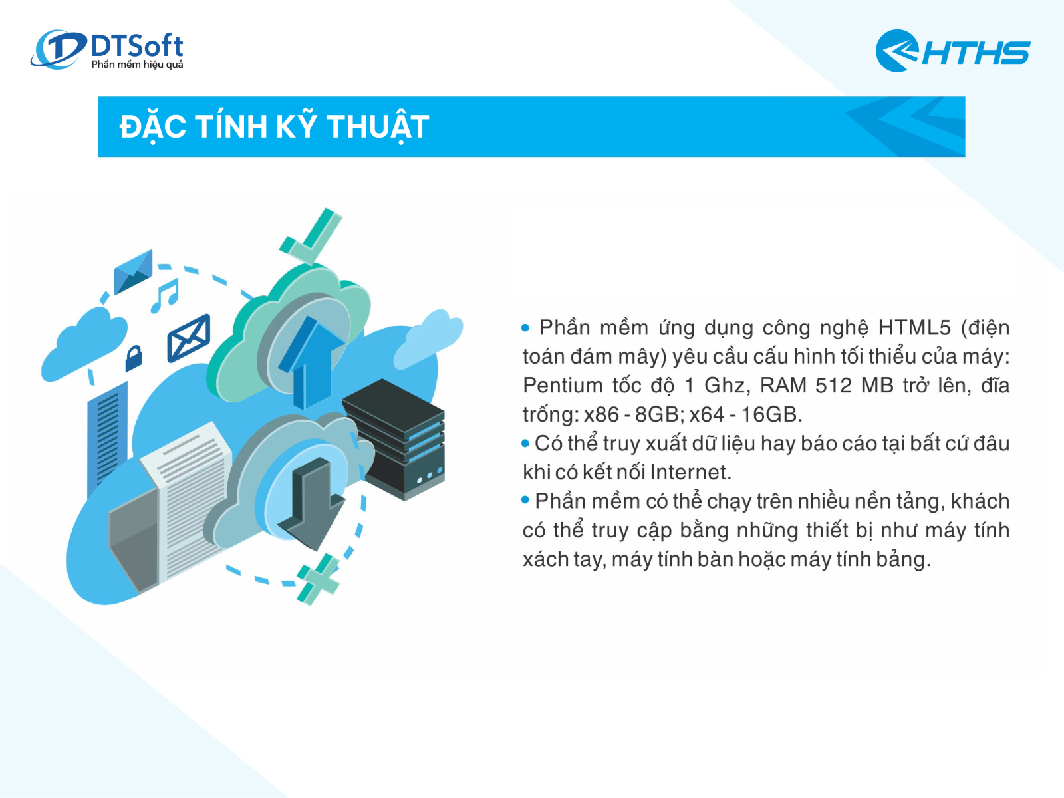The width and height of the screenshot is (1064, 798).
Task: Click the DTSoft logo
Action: tap(106, 49)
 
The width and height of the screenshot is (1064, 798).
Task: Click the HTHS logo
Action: tap(952, 51)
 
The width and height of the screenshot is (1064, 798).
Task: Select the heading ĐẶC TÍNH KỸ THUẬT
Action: tap(274, 127)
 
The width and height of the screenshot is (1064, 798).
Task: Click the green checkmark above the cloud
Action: tap(311, 236)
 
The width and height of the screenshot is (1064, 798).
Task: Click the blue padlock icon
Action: tap(133, 358)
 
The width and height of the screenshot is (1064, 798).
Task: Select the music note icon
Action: tap(165, 295)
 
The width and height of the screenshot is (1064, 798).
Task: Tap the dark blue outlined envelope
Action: tap(189, 338)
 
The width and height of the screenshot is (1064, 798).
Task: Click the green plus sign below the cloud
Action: tap(318, 579)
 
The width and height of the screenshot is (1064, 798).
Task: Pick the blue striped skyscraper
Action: tap(108, 440)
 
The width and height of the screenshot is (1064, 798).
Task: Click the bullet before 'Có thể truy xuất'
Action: tap(525, 444)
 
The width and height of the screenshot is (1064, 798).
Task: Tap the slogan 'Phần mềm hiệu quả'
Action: tap(137, 65)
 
